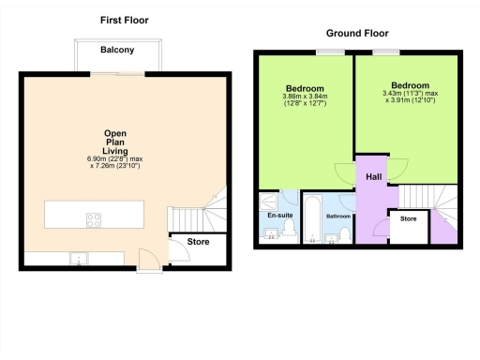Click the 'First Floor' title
pyautogui.click(x=124, y=20)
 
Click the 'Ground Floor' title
pyautogui.click(x=352, y=33)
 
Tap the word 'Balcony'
pyautogui.click(x=118, y=50)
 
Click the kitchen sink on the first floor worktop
pyautogui.click(x=81, y=258)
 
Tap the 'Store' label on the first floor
pyautogui.click(x=199, y=242)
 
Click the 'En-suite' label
pyautogui.click(x=279, y=216)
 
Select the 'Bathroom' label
pyautogui.click(x=337, y=217)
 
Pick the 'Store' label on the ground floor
pyautogui.click(x=408, y=220)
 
